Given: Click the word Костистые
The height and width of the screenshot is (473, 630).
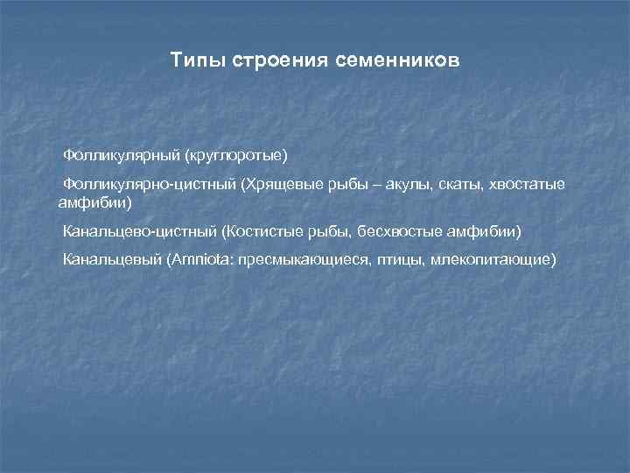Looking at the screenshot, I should (260, 232).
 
